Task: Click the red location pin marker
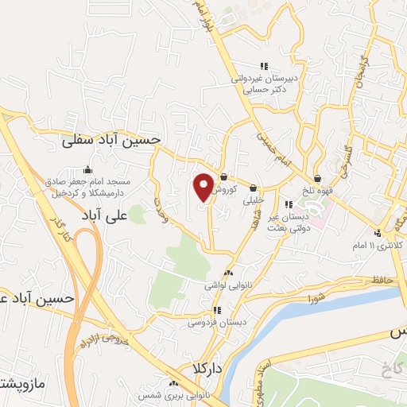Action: click(204, 186)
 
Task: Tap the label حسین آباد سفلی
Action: click(112, 139)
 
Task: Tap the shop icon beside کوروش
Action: click(224, 176)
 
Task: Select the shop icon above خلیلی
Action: click(254, 188)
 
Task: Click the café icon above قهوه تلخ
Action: click(318, 178)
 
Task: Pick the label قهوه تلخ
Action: click(318, 191)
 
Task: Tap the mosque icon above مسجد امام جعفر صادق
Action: click(87, 169)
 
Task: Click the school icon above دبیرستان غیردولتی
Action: click(264, 66)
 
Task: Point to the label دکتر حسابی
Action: click(264, 91)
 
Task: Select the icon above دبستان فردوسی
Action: click(215, 310)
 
